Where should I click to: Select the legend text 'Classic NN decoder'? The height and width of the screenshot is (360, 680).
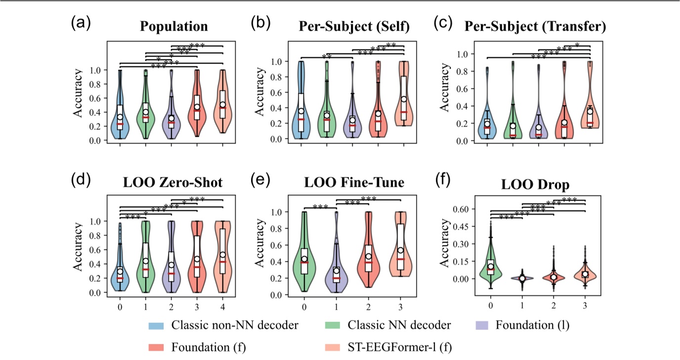click(399, 325)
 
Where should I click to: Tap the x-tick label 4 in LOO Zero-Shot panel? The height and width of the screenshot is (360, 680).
click(223, 306)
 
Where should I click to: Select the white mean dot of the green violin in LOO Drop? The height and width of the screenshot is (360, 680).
click(491, 267)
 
